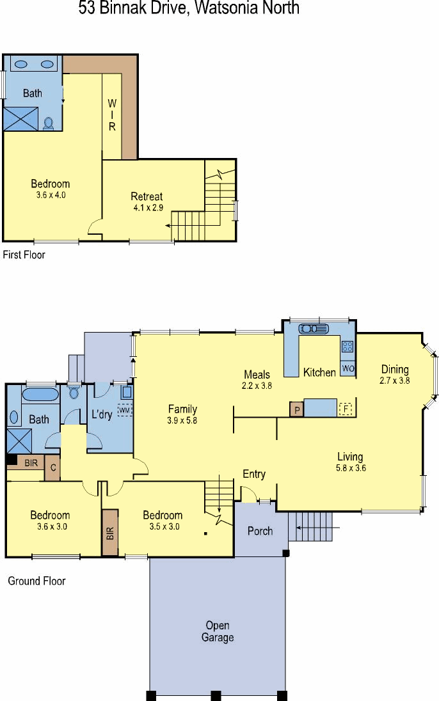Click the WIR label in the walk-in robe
[112, 115]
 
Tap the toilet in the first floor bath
[49, 123]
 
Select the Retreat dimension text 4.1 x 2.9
[148, 207]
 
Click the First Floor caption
[24, 255]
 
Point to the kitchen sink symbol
[314, 329]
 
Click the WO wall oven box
[347, 369]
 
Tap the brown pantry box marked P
[297, 409]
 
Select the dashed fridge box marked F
[346, 409]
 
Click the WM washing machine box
[125, 410]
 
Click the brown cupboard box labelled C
[53, 468]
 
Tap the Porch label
[260, 531]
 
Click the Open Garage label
[218, 631]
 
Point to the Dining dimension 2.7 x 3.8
[395, 381]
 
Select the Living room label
[350, 457]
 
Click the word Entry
[254, 474]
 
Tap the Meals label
[257, 374]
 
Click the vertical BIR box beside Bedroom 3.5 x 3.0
[110, 533]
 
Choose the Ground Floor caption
[36, 581]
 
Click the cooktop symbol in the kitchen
[347, 346]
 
